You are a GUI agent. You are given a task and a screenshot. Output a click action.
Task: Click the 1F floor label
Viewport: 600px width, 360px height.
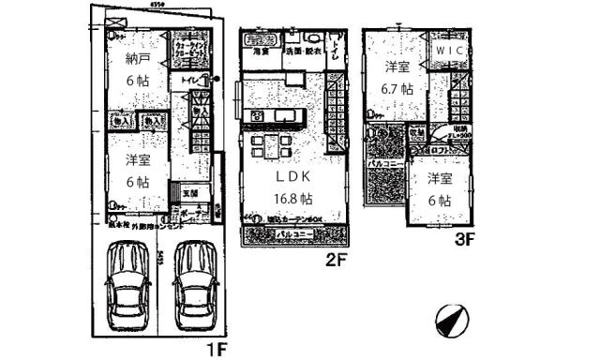pos(216,350)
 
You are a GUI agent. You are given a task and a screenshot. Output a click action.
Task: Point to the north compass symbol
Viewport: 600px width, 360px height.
pos(450,322)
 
